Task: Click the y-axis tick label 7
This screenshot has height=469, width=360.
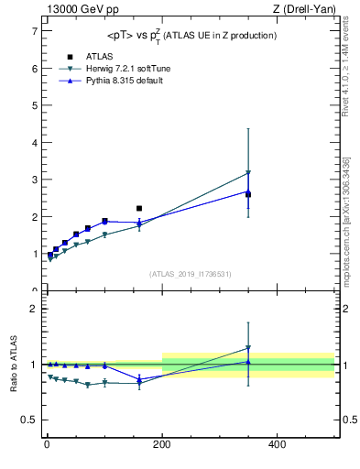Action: (34, 31)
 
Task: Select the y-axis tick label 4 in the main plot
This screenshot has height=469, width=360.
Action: (34, 143)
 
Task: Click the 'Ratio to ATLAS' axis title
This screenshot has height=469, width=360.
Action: (14, 365)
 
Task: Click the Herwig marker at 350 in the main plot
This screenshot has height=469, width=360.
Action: (248, 172)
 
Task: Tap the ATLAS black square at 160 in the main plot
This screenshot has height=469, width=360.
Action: (139, 209)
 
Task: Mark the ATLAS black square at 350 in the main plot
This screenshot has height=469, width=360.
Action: (248, 194)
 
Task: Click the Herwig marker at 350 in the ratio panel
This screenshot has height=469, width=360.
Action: (248, 348)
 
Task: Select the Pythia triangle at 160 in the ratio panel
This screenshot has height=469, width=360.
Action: (139, 378)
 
